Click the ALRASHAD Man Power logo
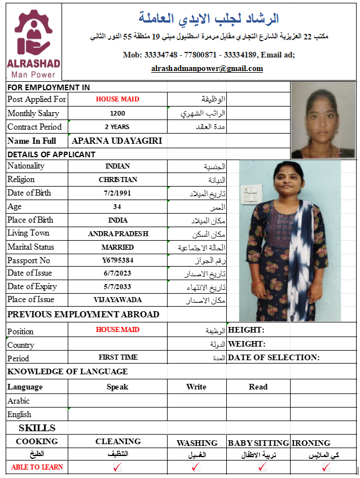[34, 43]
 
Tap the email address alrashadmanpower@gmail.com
[207, 69]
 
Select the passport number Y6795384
[117, 260]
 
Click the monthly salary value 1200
[117, 113]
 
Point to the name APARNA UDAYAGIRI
[117, 141]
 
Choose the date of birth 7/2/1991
[117, 193]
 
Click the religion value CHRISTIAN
[117, 179]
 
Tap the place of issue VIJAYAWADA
[117, 300]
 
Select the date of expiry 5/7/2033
[117, 286]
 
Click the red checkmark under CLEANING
[117, 467]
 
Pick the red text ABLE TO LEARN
[37, 467]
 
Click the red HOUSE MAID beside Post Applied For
[117, 99]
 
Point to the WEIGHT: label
[247, 344]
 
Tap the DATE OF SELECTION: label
[274, 357]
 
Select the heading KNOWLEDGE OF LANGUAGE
[67, 371]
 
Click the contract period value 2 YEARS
[117, 127]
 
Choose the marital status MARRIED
[117, 247]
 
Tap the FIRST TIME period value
[117, 357]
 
